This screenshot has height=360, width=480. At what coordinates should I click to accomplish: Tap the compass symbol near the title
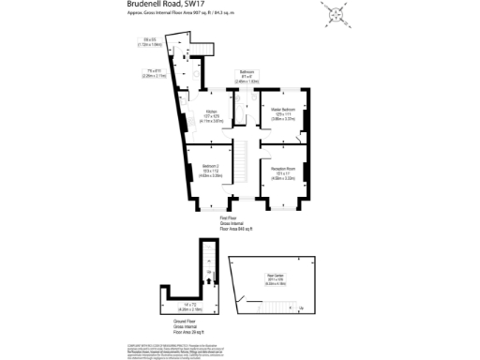click(336, 16)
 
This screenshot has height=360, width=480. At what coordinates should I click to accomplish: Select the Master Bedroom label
click(283, 111)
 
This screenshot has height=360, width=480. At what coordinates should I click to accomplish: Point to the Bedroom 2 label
click(210, 166)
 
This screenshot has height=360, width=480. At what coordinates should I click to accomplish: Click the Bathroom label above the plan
click(247, 72)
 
